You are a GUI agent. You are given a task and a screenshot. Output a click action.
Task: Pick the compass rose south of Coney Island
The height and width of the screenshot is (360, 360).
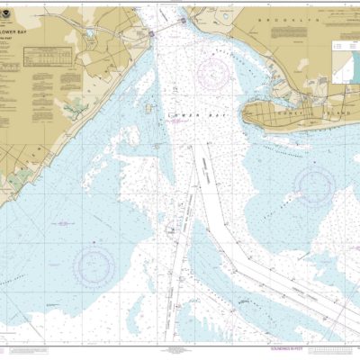[314, 186]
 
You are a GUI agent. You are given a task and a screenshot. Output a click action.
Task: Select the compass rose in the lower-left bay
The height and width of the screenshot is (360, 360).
[94, 264]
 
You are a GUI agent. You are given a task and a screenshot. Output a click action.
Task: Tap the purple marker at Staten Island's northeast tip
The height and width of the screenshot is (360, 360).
[153, 33]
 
